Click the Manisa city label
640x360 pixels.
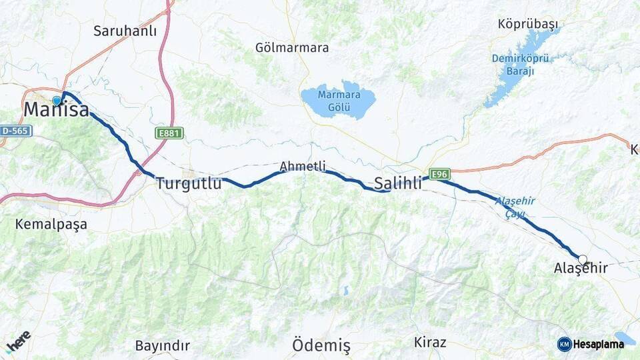coord(57,110)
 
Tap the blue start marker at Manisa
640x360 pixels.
coord(57,101)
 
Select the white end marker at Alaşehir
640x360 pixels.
coord(583,259)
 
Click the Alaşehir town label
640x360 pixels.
coord(581,269)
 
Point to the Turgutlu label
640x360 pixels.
coord(189,183)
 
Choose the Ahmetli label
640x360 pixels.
coord(303,166)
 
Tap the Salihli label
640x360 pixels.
coord(398,183)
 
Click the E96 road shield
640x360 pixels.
coord(439,174)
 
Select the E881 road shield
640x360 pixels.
coord(169,133)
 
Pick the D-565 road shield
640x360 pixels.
coord(15,131)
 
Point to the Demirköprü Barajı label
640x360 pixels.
coord(521,65)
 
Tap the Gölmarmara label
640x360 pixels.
coord(292,48)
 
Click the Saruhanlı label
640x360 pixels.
coord(125,31)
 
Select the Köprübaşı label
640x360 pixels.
coord(527,24)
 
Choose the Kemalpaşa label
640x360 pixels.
coord(51,225)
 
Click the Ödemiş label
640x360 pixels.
coord(321,345)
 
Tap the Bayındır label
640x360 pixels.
coord(162,345)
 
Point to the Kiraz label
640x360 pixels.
coord(430,343)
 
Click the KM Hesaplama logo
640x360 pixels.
coord(591,344)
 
